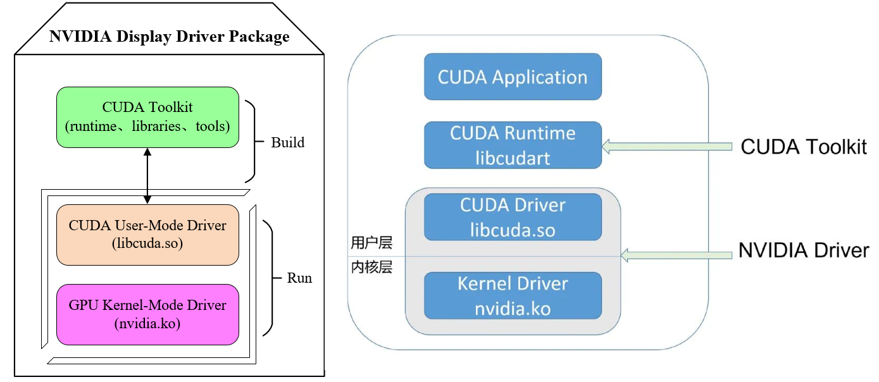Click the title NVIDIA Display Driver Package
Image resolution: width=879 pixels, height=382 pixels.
[169, 37]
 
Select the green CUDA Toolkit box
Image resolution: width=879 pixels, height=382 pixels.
[147, 117]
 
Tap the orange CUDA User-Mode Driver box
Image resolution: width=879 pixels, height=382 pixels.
[147, 234]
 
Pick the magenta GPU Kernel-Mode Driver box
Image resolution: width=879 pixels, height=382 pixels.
[147, 314]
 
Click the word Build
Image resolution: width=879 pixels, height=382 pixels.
[287, 142]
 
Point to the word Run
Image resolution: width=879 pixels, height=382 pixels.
[299, 278]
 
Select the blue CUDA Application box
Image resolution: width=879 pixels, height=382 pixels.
[513, 77]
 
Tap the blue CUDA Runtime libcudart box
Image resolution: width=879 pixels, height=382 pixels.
[513, 145]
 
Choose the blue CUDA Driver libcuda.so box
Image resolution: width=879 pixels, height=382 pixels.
[513, 217]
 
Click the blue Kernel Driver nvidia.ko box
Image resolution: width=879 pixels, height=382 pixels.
[513, 295]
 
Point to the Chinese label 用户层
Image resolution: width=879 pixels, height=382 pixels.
[371, 243]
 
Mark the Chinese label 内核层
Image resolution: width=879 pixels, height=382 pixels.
[371, 267]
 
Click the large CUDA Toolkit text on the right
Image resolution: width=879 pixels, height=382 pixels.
[804, 147]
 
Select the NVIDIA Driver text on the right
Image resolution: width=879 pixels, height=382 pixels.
[804, 251]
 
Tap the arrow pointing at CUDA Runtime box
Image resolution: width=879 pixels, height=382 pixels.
[664, 147]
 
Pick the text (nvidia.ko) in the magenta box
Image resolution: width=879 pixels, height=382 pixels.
[147, 324]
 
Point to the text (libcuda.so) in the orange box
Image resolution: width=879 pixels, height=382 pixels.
[147, 243]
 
